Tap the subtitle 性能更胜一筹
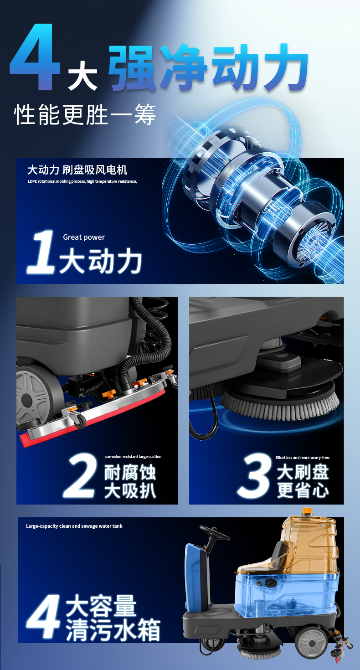point(85,114)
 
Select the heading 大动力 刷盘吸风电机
point(77,170)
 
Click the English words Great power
point(84,237)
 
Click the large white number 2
point(81,476)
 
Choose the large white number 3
point(256,476)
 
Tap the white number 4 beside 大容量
point(43,617)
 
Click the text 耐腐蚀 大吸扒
point(130,482)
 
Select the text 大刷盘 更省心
point(303,482)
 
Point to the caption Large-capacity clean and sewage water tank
point(74,526)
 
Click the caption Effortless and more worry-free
point(303,457)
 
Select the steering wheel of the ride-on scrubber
point(214,532)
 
